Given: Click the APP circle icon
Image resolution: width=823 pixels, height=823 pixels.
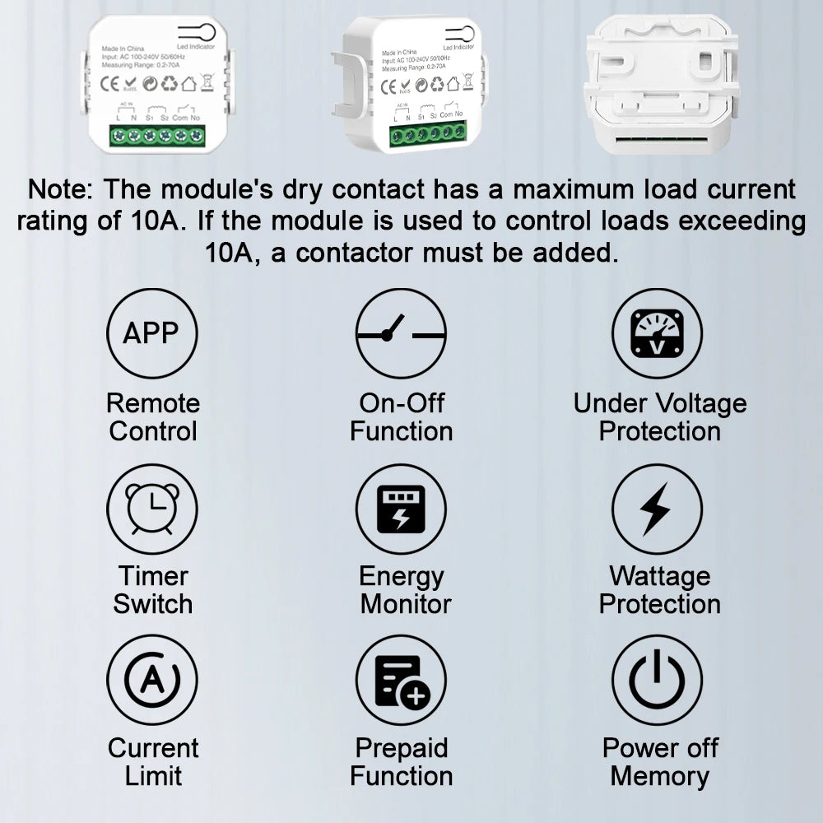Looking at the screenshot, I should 152,332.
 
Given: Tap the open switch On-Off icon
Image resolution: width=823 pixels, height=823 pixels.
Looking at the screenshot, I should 401,332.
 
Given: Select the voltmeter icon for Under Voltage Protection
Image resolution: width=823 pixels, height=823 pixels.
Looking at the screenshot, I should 657,332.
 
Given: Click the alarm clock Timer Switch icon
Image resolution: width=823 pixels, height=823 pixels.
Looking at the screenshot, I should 152,508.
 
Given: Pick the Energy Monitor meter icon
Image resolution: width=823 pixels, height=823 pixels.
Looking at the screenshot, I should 401,508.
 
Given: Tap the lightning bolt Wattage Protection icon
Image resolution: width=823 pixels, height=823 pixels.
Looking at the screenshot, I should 657,508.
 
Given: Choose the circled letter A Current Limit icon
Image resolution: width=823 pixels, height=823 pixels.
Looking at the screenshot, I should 152,680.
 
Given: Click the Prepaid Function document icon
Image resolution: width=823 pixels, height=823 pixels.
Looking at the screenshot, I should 401,680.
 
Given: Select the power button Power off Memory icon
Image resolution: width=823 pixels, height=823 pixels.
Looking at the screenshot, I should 657,680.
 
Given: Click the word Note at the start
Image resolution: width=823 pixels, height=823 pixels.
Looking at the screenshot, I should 60,189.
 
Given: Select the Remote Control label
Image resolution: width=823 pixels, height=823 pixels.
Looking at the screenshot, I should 153,417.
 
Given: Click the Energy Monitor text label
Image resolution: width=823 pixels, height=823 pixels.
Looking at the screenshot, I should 403,590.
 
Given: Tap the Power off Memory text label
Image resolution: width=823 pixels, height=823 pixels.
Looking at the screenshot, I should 659,762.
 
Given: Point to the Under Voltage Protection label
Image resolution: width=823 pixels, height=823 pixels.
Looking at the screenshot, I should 659,417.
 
